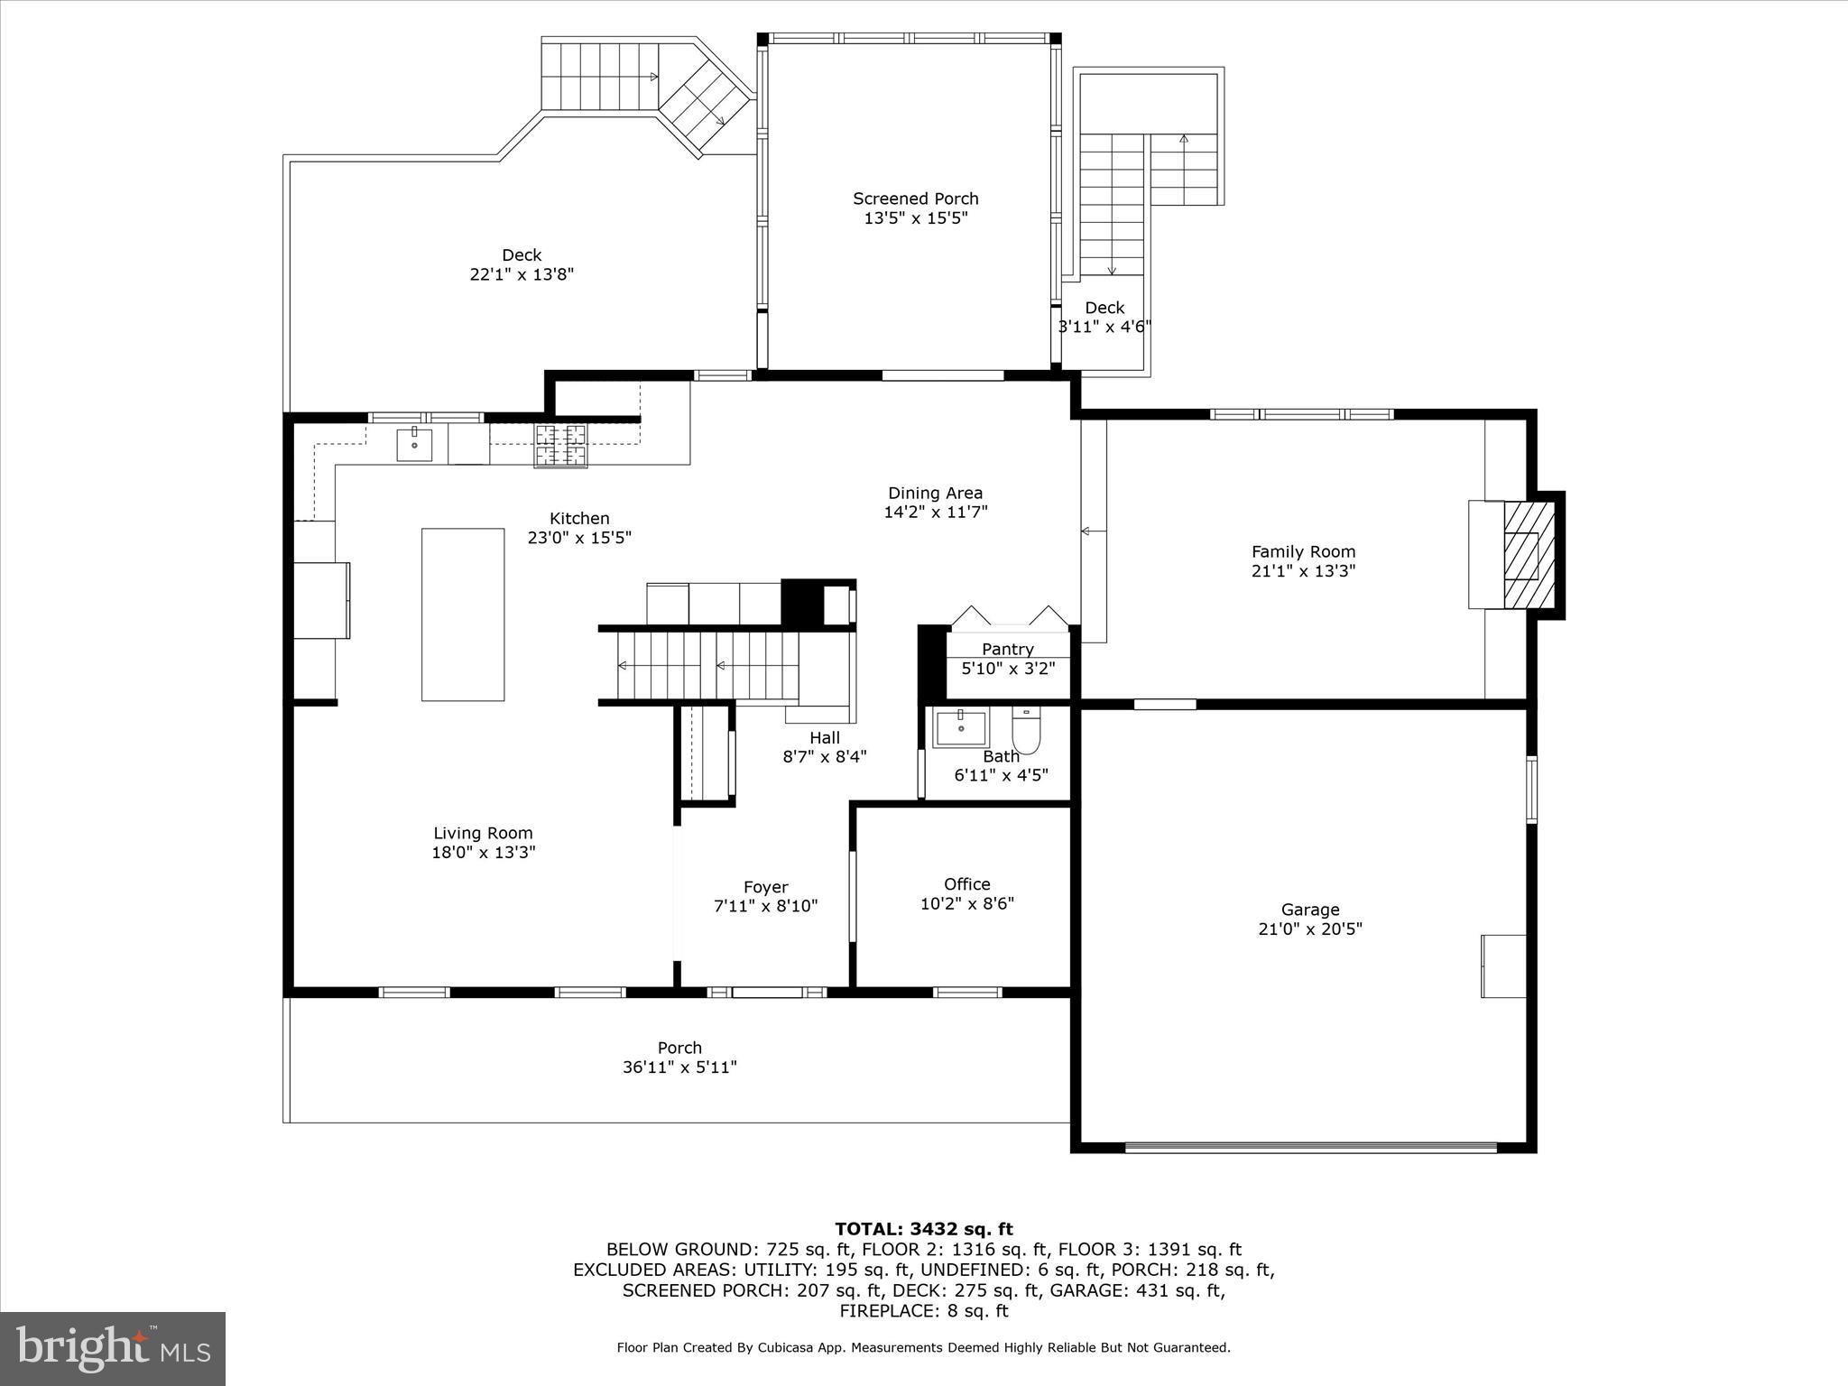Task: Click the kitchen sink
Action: pos(414,445)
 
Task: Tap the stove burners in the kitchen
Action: pos(560,445)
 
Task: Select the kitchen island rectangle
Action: pos(463,614)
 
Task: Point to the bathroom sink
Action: pos(960,727)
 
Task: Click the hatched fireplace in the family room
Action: pos(1529,554)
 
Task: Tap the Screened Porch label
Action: pos(915,199)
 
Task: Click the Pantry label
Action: pos(1007,649)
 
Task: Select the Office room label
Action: pos(966,884)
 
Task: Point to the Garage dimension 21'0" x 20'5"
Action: pos(1309,929)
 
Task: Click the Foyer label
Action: pos(765,887)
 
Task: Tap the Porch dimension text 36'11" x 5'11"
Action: pos(679,1067)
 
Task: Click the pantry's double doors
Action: pos(1009,618)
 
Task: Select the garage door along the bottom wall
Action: pos(1309,1147)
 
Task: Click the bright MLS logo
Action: pos(113,1348)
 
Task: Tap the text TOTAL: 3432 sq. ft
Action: pos(923,1229)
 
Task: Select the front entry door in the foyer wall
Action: pos(767,993)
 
